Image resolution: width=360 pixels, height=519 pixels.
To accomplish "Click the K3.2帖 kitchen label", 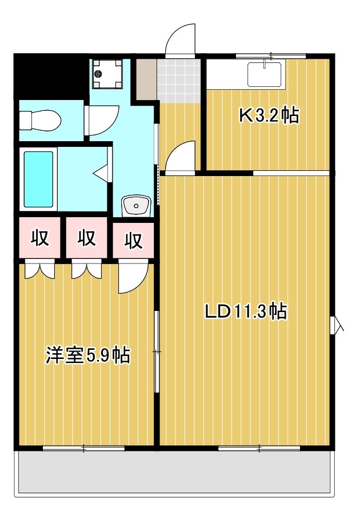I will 268,116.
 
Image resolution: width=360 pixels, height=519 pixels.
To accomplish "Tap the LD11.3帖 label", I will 246,312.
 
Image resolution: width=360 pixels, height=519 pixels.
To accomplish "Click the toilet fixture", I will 39,121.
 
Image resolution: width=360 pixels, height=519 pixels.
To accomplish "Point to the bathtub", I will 39,179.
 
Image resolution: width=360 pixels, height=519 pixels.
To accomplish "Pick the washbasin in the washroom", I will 136,205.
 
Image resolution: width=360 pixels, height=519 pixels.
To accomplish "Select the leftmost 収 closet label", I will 39,238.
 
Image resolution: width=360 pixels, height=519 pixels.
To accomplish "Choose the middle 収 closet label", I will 86,238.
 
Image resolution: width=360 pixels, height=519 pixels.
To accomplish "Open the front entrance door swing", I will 180,40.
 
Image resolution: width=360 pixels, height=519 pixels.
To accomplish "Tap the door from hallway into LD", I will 180,157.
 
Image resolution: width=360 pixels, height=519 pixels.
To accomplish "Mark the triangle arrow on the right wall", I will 339,325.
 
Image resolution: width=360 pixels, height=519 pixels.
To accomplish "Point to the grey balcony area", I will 174,472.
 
